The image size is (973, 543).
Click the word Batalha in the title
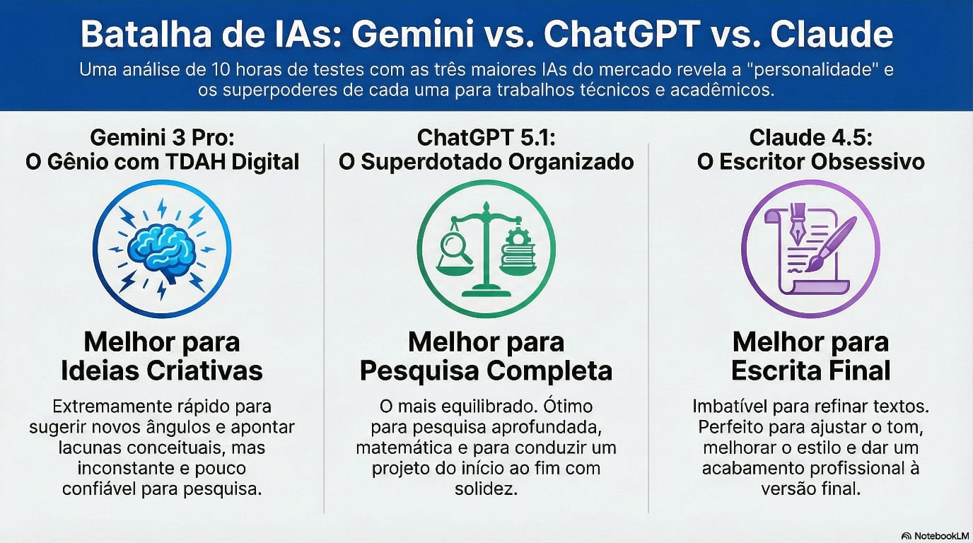(146, 34)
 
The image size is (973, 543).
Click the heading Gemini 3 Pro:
(162, 138)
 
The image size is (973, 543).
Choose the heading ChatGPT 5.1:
(486, 138)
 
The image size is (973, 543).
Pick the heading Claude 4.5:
(810, 138)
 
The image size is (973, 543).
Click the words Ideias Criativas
(162, 370)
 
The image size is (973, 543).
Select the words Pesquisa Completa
(486, 371)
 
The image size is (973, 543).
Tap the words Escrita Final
(810, 370)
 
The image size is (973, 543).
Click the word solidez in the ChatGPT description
(486, 489)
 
